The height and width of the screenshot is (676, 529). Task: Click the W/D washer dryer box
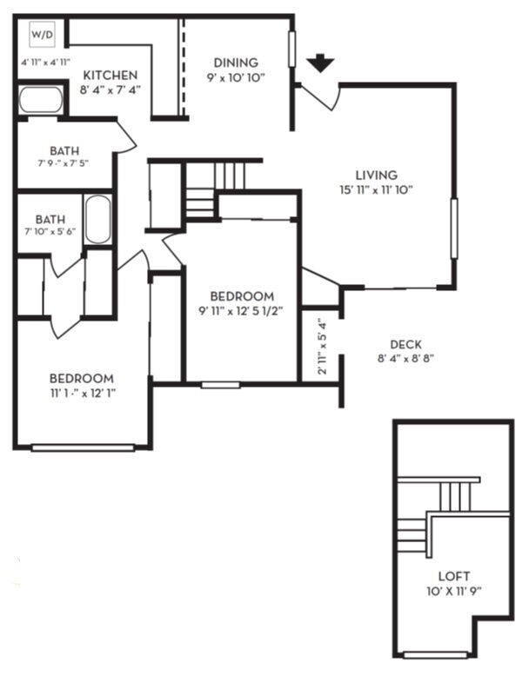point(43,35)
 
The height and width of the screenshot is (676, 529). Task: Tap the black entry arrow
point(320,63)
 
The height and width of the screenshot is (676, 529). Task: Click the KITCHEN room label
point(110,76)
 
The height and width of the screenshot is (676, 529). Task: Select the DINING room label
point(236,63)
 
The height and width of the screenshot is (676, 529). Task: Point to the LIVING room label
point(376,175)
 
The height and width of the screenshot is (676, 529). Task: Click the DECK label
point(406,344)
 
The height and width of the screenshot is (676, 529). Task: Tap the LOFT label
point(454,576)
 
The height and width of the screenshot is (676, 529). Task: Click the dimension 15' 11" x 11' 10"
point(376,189)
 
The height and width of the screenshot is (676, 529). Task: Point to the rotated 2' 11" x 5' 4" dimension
point(322,347)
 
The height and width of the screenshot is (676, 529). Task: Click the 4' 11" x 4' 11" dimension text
point(46,63)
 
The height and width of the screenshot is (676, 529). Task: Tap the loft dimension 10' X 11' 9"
point(454,591)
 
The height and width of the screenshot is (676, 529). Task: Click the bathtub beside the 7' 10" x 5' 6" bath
point(97,220)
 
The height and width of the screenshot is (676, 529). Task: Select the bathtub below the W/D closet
point(42,100)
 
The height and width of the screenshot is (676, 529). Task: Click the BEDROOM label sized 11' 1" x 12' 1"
point(82,379)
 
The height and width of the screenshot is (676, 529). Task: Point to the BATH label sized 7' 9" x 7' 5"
point(64,151)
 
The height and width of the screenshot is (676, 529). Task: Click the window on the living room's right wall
point(454,229)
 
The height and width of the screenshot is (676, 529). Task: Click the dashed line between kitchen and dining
point(183,68)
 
